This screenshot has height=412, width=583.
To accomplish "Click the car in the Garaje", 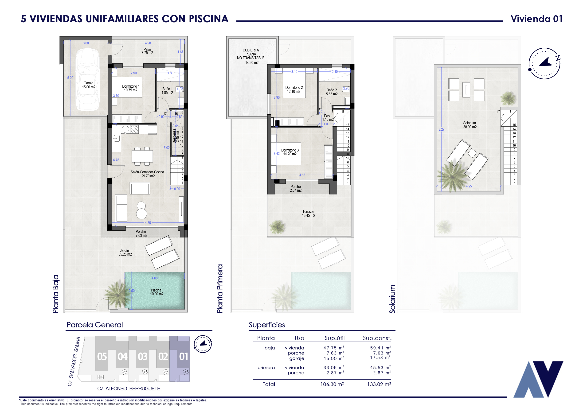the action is pyautogui.click(x=88, y=79).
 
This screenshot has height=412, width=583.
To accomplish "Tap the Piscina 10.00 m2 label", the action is pyautogui.click(x=157, y=292).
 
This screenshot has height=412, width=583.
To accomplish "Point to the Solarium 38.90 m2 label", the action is pyautogui.click(x=470, y=125).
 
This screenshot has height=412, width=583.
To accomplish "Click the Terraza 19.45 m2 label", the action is pyautogui.click(x=308, y=214).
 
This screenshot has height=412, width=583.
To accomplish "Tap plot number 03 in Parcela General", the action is pyautogui.click(x=143, y=357).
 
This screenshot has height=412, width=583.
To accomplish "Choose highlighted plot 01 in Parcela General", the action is pyautogui.click(x=183, y=357).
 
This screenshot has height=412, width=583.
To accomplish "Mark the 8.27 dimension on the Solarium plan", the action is pyautogui.click(x=441, y=129).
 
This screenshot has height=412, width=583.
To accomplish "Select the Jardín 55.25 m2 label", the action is pyautogui.click(x=125, y=252).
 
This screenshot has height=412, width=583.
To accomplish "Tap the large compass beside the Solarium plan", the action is pyautogui.click(x=544, y=63).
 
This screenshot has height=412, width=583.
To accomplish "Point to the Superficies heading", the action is pyautogui.click(x=267, y=325).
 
